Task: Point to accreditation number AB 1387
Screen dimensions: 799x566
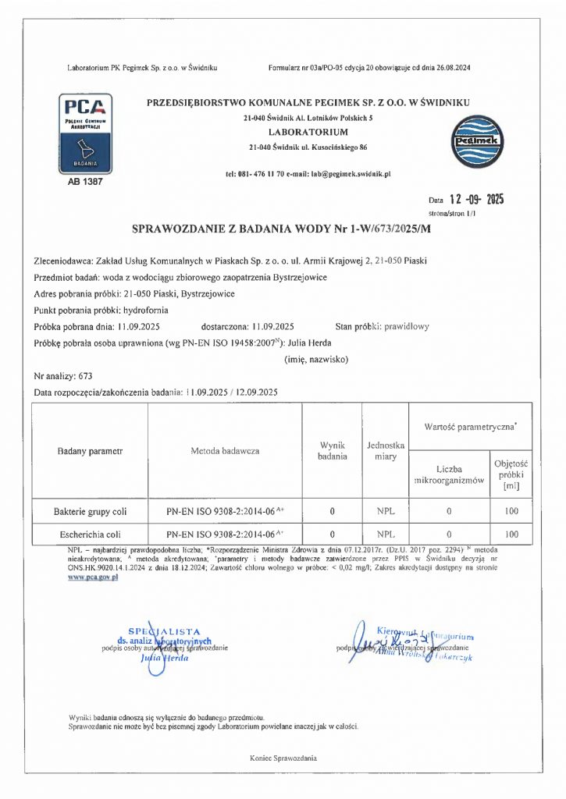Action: coord(85,181)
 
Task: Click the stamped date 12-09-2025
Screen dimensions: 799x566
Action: coord(472,199)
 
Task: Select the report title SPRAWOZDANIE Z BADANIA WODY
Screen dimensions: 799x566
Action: coord(282,229)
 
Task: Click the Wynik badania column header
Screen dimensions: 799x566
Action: coord(332,450)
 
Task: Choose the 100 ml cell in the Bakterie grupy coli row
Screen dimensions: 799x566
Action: coord(511,512)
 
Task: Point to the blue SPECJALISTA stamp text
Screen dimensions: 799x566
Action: coord(165,631)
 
